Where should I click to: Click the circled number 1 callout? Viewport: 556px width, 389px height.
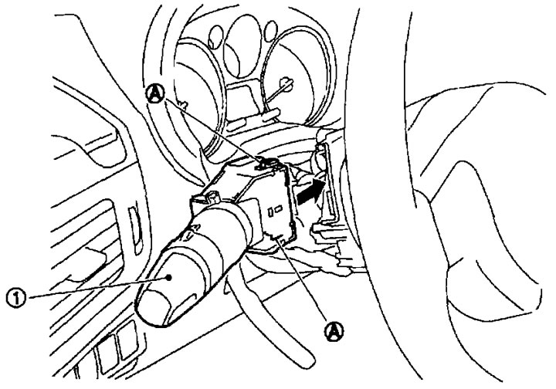click(x=16, y=298)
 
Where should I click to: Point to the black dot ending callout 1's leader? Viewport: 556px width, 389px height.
click(x=170, y=277)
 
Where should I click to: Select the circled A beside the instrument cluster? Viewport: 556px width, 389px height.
click(x=156, y=93)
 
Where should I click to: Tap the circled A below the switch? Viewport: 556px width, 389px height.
click(x=334, y=331)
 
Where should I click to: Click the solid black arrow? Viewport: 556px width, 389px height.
click(x=311, y=191)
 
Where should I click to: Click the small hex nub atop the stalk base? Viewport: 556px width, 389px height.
click(x=213, y=197)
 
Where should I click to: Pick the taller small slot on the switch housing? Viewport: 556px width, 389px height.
click(x=270, y=211)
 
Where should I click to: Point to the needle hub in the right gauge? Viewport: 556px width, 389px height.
click(x=286, y=83)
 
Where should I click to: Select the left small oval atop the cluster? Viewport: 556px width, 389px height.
click(x=215, y=36)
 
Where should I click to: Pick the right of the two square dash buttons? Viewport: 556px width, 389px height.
click(x=127, y=340)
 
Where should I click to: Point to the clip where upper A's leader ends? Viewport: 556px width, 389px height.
click(x=263, y=162)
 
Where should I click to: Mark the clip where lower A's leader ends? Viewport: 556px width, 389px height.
click(x=282, y=240)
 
